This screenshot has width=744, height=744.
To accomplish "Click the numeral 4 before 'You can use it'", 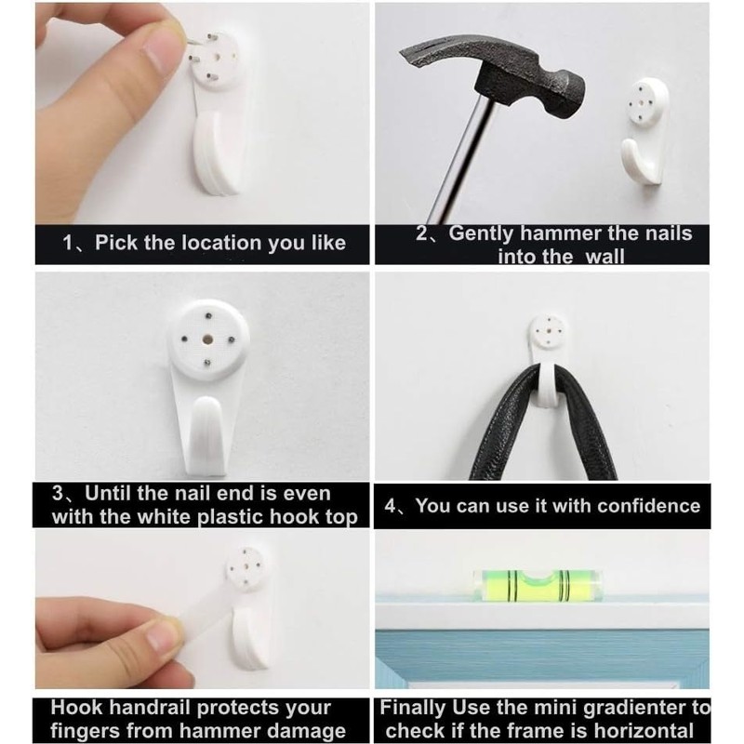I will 391,506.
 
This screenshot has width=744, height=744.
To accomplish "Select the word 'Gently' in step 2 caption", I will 484,232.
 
